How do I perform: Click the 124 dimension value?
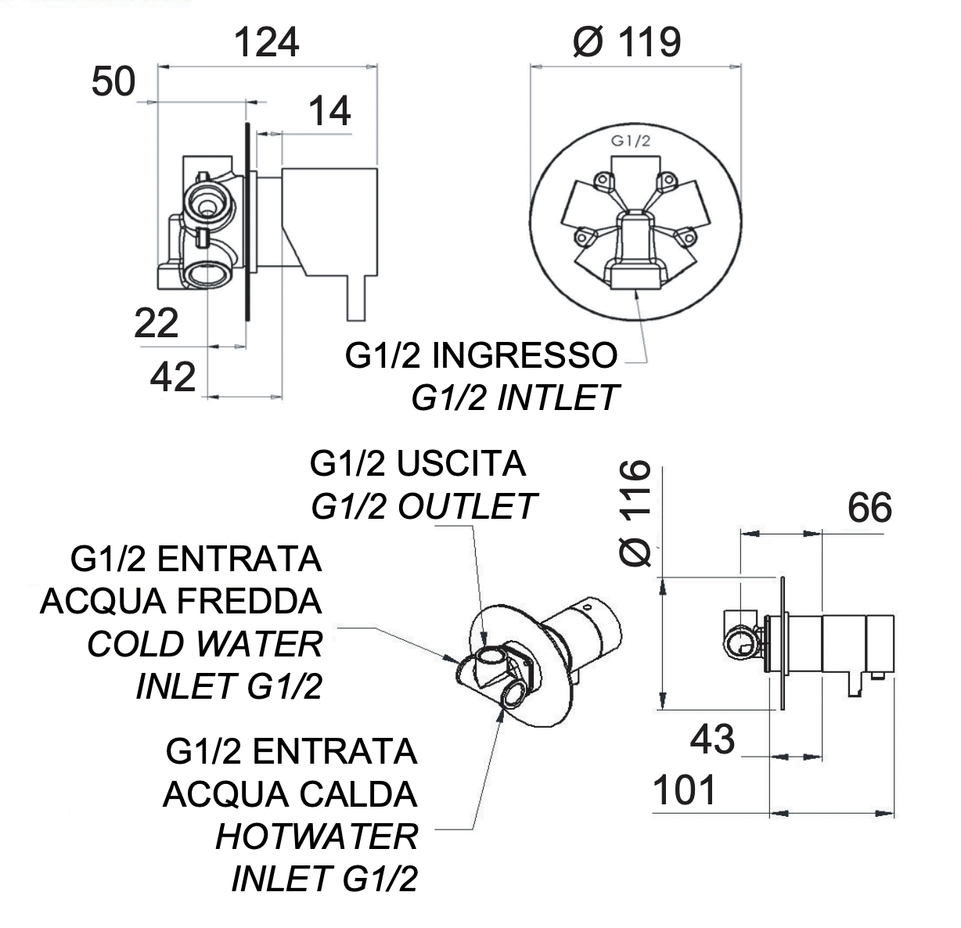coord(267,42)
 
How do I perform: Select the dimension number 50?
coord(113,81)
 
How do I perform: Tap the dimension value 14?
coord(329,112)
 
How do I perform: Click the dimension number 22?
coord(157,323)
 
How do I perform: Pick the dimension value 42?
coord(173,378)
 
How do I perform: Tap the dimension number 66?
coord(869,509)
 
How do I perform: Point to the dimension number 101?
coord(685,791)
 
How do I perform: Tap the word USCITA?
coord(461,464)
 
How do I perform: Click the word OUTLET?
coord(467,506)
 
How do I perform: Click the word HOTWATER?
coord(317,837)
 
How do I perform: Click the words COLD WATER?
coord(205,644)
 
